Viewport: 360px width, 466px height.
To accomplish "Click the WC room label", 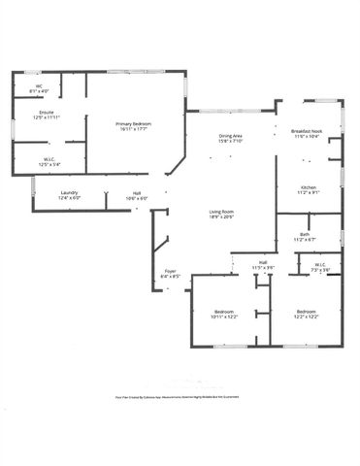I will pos(40,85).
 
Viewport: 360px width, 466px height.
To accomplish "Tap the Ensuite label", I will pos(46,112).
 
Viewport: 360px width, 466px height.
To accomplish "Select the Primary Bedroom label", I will pos(134,124).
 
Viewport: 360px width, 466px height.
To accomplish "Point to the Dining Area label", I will pos(230,136).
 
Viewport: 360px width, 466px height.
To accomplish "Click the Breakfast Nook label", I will pos(308,132).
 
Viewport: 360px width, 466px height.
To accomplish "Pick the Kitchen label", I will pos(308,186).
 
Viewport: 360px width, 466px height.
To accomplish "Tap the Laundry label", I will pos(69,192).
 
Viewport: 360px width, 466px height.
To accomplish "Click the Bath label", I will pos(305,234).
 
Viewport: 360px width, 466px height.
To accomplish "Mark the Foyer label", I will pos(170,271).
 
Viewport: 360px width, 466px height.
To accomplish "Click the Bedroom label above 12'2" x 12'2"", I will pos(308,311).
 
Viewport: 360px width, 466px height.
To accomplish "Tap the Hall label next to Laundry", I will pos(137,192).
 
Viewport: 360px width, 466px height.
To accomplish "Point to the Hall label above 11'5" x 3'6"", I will pos(262,262).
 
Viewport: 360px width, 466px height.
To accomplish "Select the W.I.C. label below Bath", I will pos(321,264).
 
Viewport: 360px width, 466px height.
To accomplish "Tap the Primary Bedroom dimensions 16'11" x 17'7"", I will pos(134,130).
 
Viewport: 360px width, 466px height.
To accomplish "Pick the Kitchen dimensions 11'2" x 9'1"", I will pos(308,192).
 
